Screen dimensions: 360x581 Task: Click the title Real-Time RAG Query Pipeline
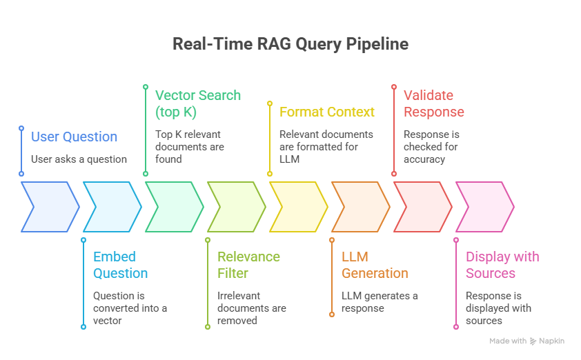point(290,44)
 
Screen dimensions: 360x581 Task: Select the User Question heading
point(74,137)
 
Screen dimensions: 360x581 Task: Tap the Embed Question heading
point(120,265)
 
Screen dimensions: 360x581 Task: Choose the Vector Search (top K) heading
point(197,103)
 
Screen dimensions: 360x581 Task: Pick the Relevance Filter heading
point(248,265)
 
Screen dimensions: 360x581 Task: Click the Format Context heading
point(326,112)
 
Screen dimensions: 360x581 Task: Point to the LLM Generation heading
point(375,265)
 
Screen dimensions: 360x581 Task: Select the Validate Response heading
point(433,103)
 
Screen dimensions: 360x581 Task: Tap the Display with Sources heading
point(502,265)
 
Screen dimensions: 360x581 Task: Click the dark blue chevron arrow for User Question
point(50,207)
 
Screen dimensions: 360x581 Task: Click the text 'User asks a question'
point(79,159)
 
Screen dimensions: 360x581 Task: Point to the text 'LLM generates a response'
point(380,302)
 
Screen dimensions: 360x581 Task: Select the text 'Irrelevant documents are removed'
point(251,308)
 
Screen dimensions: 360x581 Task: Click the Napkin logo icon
point(533,341)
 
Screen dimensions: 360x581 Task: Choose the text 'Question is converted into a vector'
point(130,308)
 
